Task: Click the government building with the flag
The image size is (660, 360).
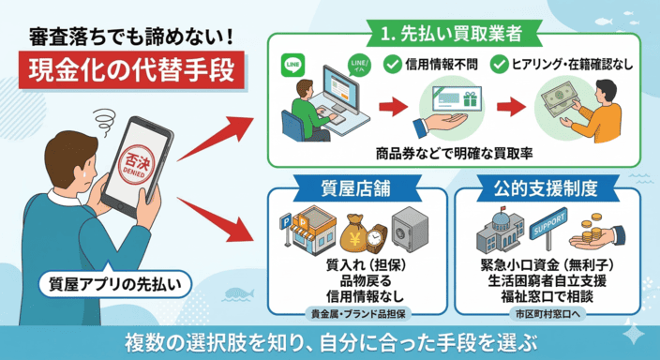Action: (503, 229)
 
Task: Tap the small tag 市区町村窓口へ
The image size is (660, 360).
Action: (547, 314)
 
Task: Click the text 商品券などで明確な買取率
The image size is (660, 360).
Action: (447, 151)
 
